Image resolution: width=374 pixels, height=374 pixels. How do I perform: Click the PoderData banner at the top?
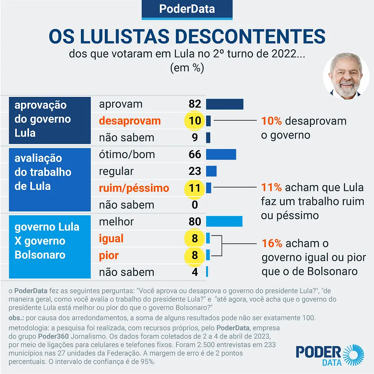[x=187, y=9]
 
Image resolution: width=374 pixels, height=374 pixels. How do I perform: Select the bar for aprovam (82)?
[x=224, y=104]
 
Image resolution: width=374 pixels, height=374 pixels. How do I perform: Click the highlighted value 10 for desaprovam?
[x=195, y=121]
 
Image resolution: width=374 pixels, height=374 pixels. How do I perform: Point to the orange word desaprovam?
[x=130, y=121]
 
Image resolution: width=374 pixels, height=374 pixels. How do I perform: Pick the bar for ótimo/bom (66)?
[x=221, y=155]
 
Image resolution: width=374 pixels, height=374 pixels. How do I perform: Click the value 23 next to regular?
[x=195, y=171]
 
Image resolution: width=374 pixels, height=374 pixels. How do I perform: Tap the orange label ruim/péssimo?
[x=134, y=188]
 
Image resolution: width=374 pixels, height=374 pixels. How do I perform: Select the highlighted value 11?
[x=195, y=188]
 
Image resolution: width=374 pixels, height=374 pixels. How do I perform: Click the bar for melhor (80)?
[x=224, y=222]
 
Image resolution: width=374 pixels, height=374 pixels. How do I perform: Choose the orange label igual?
[x=111, y=239]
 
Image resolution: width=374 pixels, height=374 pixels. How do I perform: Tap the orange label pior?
[x=109, y=255]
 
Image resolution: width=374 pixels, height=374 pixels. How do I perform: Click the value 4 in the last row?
[x=195, y=272]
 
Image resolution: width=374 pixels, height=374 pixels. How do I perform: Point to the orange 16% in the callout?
[x=272, y=243]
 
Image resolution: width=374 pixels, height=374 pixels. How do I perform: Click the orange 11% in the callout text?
[x=271, y=187]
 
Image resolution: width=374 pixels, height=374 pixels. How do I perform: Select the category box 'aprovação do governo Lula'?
[x=50, y=120]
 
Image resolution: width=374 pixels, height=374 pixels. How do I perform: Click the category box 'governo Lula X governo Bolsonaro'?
[x=50, y=247]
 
